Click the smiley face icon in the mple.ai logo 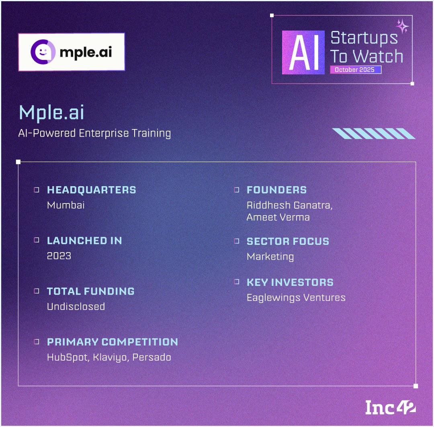point(43,52)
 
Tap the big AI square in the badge point(303,52)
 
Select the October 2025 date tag point(355,70)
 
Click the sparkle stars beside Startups point(402,26)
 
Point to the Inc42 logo point(390,407)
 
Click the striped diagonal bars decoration point(374,133)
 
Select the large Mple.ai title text point(51,113)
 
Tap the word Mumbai point(66,205)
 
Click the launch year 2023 point(59,256)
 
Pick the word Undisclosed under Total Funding point(76,306)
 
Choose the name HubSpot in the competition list point(68,357)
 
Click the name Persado point(151,357)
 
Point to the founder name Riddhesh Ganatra point(289,205)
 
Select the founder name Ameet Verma point(278,218)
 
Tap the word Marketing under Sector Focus point(270,257)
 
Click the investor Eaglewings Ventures point(296,298)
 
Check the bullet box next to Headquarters point(37,190)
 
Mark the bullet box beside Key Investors point(237,282)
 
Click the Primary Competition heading point(113,342)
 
